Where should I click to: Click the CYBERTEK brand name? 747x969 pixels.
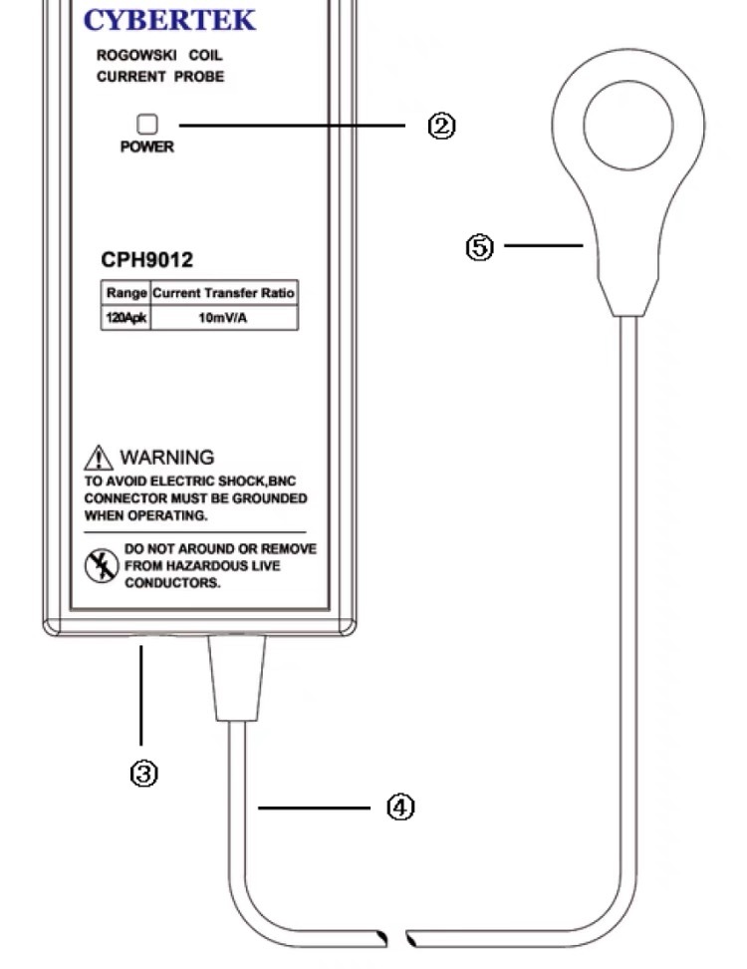[169, 20]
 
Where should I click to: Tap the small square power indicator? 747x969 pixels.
[147, 125]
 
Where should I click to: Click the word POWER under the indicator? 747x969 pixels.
[147, 148]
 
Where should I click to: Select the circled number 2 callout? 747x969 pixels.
[441, 126]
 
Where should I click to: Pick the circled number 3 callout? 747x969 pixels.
[143, 774]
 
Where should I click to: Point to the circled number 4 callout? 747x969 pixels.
[400, 807]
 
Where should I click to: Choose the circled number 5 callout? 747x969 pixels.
[480, 247]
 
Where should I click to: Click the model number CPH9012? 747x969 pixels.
[147, 259]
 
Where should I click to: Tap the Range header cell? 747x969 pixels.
[125, 293]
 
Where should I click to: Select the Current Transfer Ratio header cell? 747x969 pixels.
[224, 293]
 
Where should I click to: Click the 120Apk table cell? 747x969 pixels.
[125, 318]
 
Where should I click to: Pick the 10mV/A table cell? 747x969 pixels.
[224, 318]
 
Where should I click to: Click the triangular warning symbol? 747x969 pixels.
[99, 458]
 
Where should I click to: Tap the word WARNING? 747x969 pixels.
[167, 458]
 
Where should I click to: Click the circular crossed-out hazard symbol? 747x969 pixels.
[102, 565]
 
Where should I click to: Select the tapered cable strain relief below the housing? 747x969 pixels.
[236, 678]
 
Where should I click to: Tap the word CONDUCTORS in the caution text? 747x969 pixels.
[172, 583]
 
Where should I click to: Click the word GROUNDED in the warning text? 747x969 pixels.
[269, 498]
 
